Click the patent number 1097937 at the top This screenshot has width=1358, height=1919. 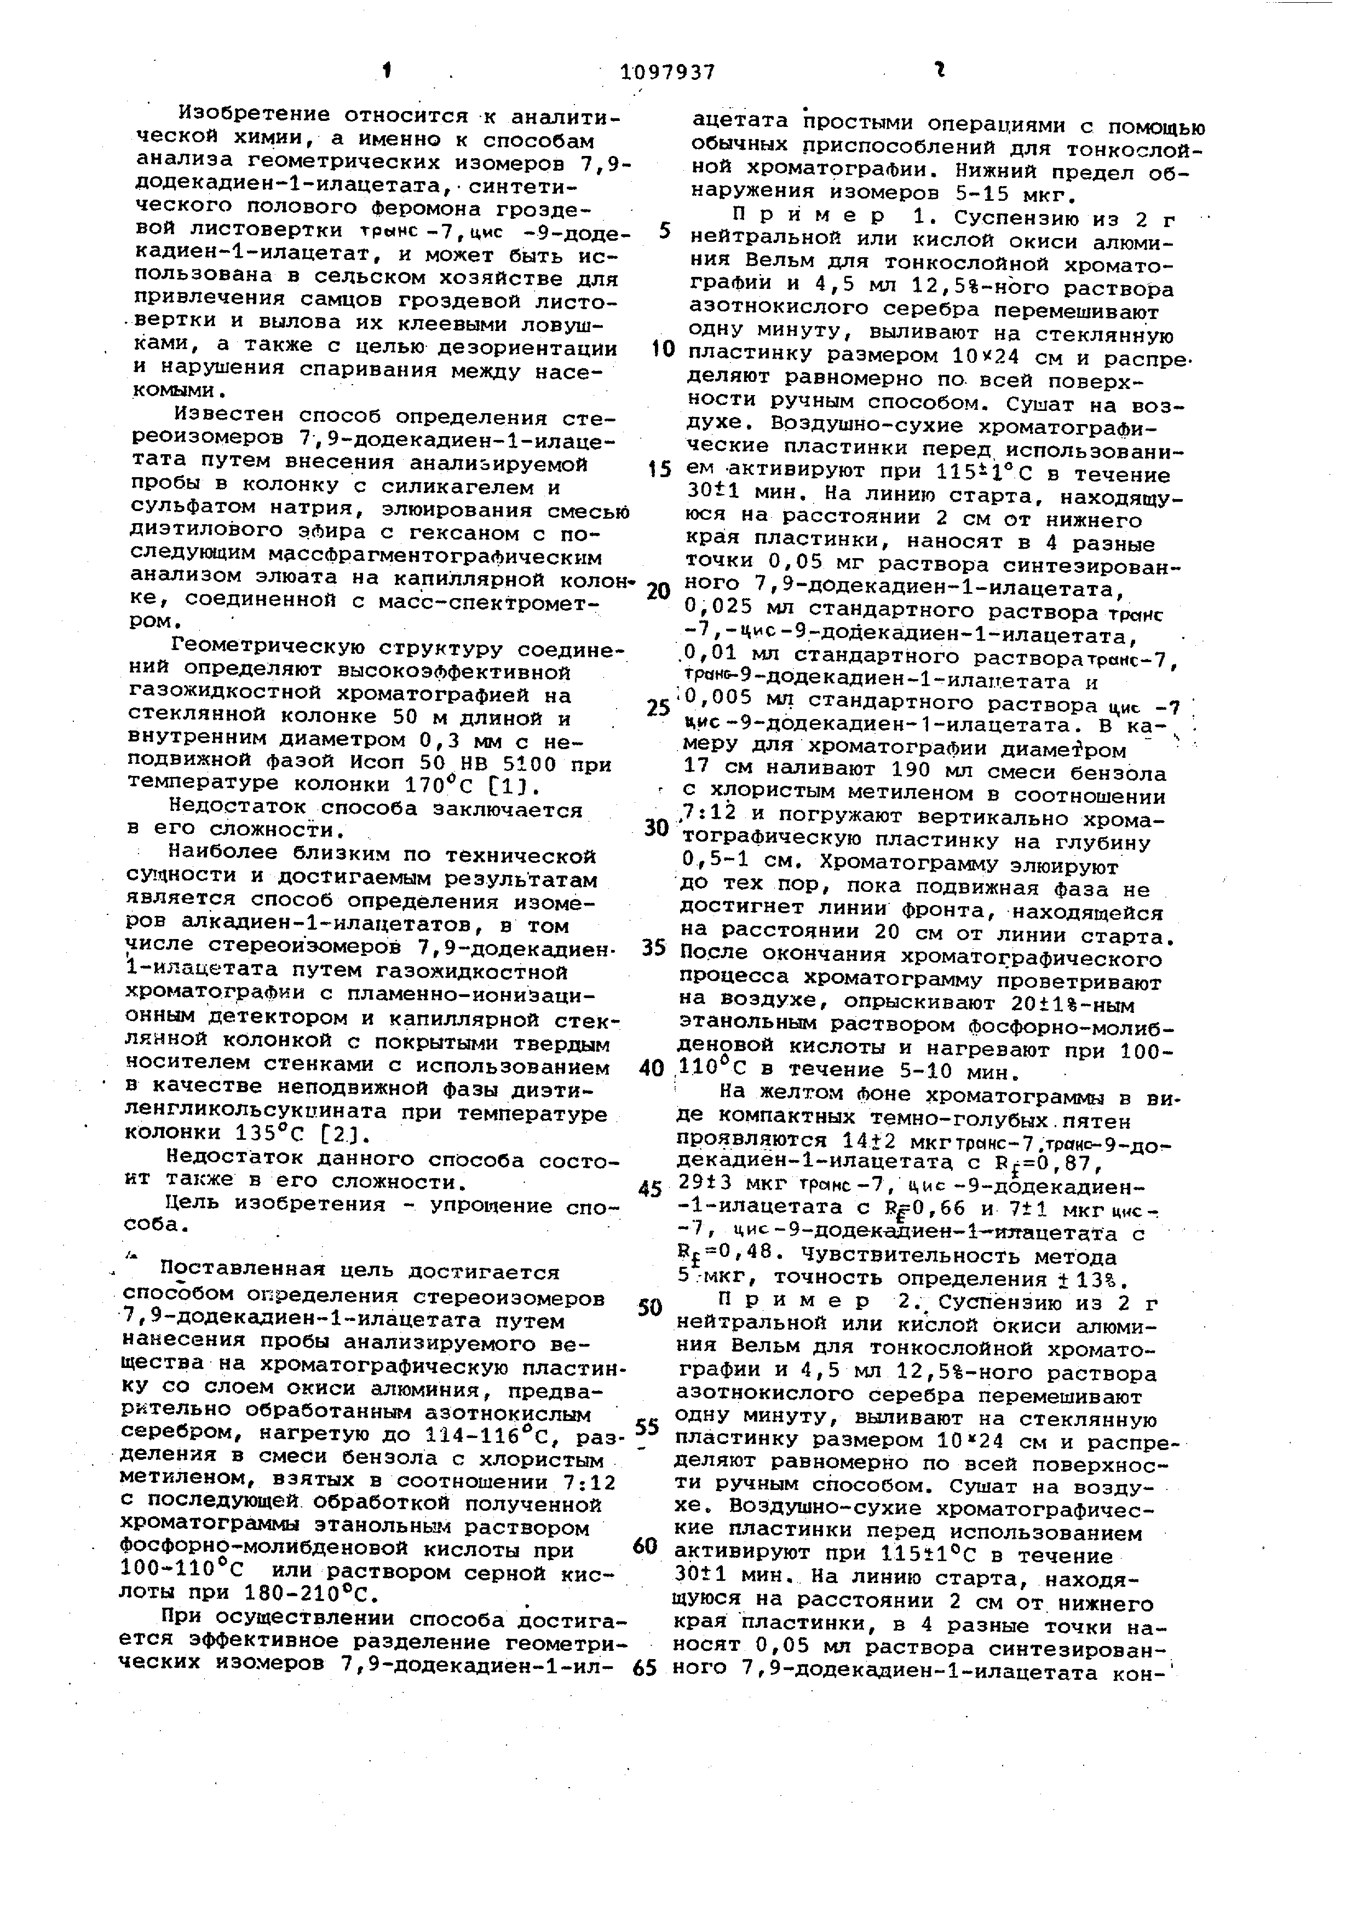point(668,72)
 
